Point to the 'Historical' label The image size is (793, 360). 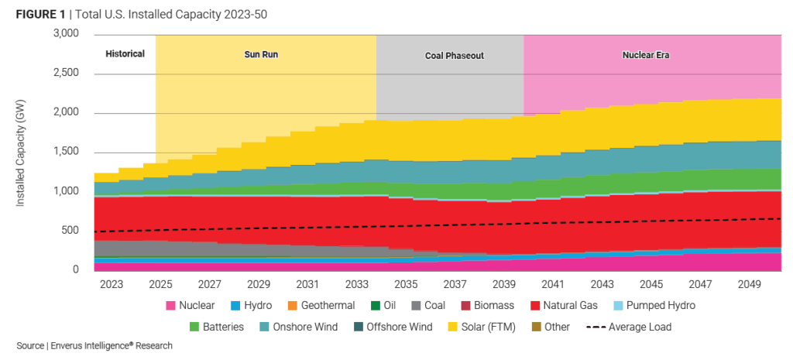point(125,53)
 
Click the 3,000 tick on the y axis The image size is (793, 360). point(65,34)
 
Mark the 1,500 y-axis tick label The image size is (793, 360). point(65,152)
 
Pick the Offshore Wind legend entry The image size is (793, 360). point(391,327)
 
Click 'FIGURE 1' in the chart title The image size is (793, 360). point(40,15)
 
